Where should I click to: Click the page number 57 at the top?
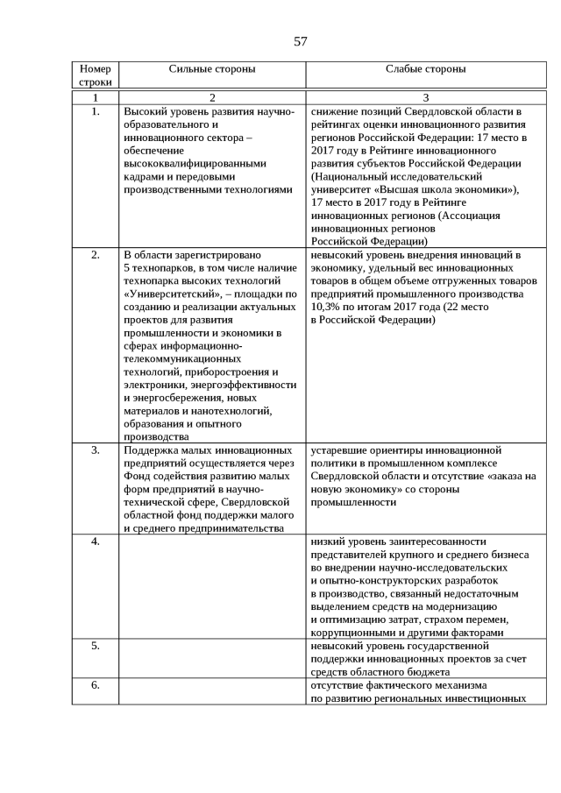[x=300, y=41]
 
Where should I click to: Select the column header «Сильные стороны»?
[x=211, y=68]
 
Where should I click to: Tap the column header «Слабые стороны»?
[x=425, y=68]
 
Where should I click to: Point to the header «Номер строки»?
[x=96, y=74]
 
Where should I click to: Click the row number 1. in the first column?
[x=96, y=112]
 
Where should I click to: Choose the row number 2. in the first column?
[x=96, y=255]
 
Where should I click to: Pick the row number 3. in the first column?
[x=96, y=450]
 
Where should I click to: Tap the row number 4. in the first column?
[x=96, y=542]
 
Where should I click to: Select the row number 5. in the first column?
[x=96, y=647]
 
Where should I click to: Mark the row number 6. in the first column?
[x=96, y=685]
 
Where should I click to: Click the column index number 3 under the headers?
[x=425, y=96]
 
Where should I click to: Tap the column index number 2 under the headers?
[x=211, y=96]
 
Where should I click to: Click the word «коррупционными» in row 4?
[x=352, y=633]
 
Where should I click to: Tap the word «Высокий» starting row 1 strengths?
[x=146, y=112]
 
